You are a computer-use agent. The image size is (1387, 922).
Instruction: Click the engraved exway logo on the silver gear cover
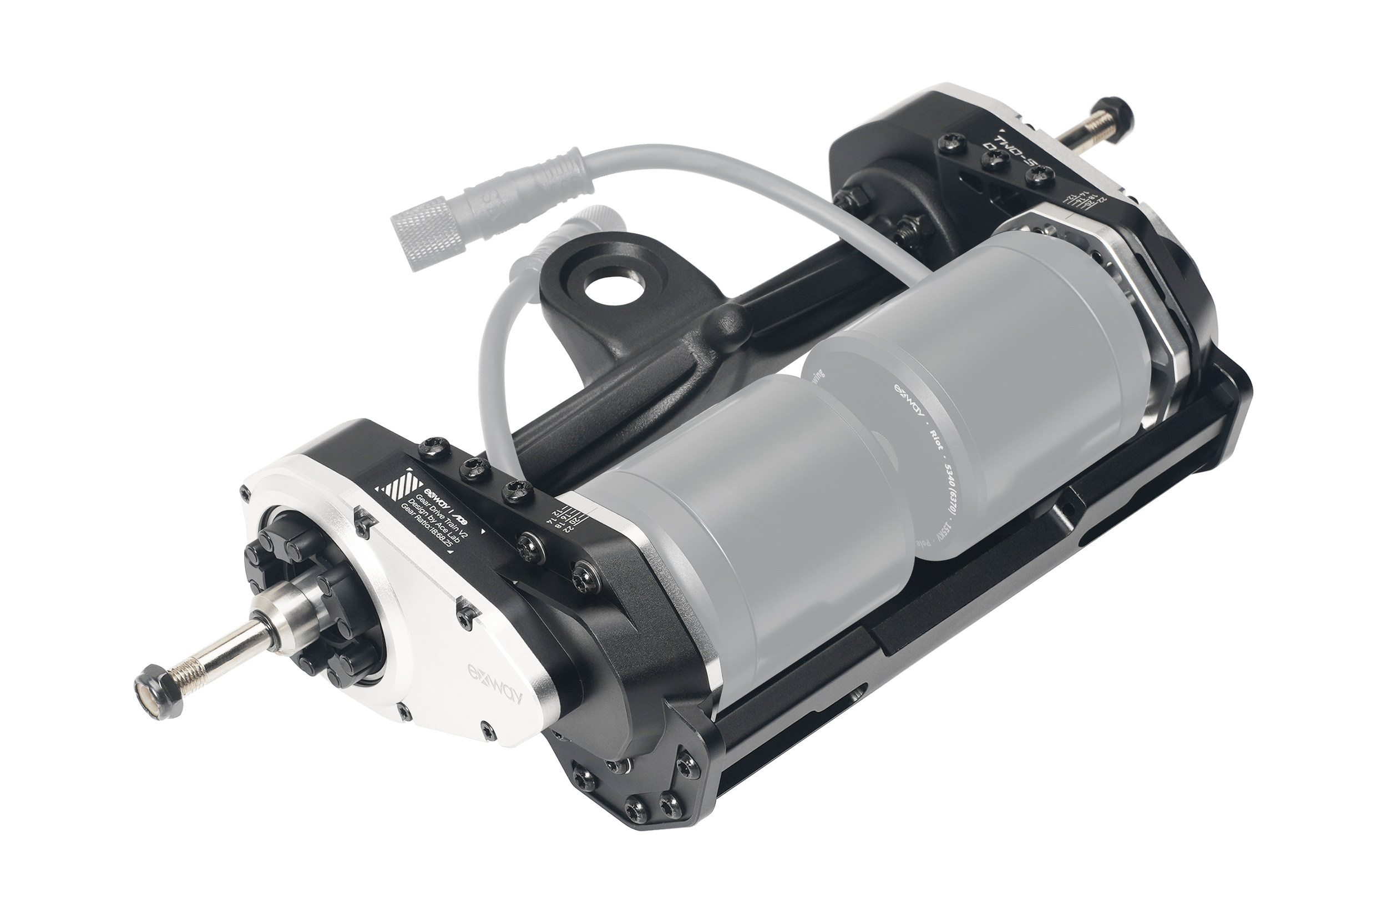point(495,683)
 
